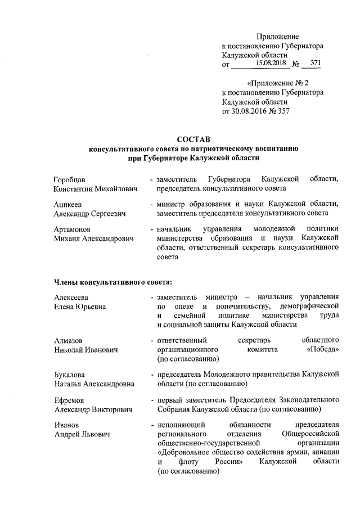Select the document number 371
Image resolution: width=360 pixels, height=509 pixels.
click(x=316, y=64)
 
